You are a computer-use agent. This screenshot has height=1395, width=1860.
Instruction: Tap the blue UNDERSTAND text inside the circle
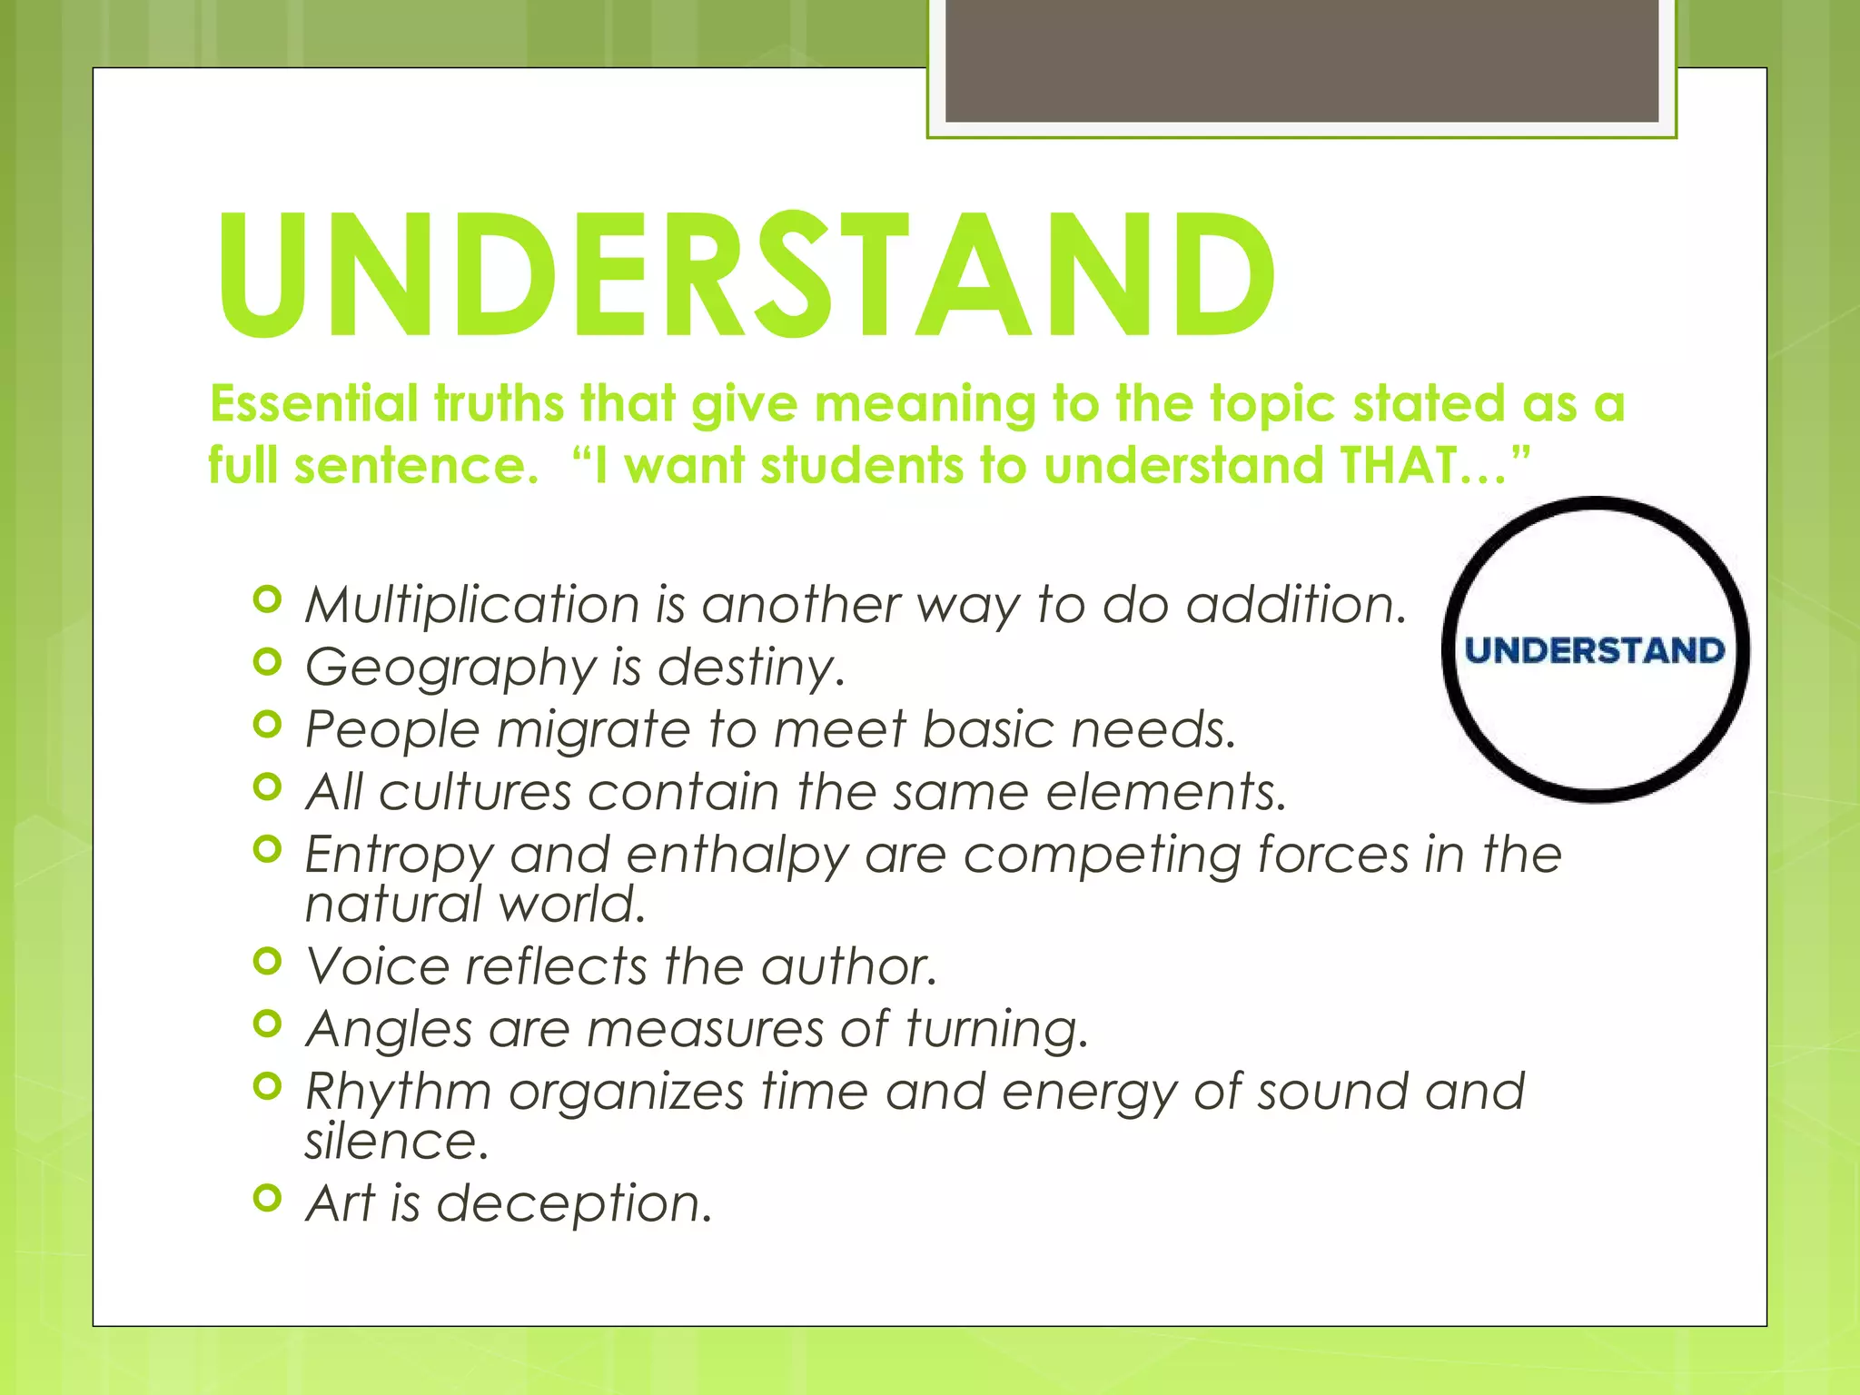pos(1595,650)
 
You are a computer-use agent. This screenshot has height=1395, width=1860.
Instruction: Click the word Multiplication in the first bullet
pos(472,605)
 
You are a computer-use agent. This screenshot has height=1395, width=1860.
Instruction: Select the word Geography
pos(450,668)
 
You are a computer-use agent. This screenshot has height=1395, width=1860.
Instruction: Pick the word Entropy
pos(399,856)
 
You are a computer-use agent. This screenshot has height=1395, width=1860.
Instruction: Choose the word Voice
pos(377,965)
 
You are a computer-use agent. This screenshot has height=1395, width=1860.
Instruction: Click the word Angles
pos(389,1029)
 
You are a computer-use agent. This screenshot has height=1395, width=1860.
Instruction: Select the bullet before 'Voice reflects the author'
pos(267,960)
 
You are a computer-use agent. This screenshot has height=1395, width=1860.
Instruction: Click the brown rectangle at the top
pos(1301,60)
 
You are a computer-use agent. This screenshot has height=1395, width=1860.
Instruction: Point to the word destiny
pos(750,668)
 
